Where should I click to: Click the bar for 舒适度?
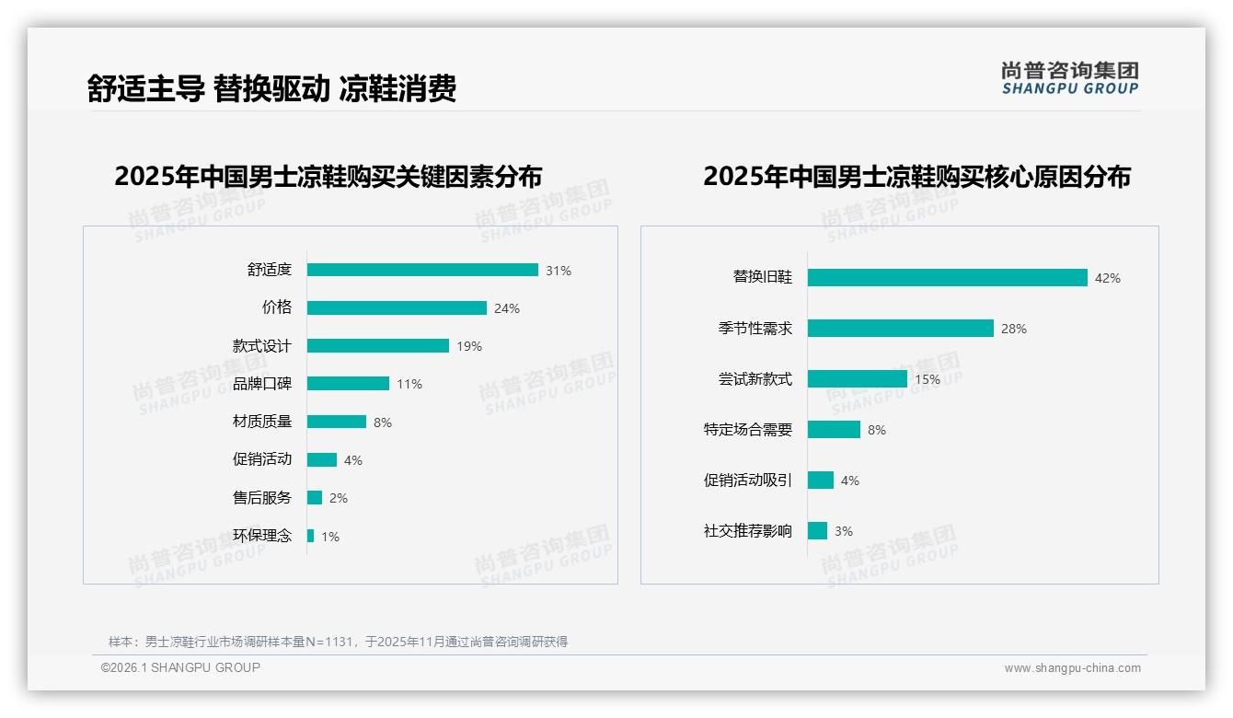[x=422, y=270]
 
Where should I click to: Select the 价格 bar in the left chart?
[x=397, y=308]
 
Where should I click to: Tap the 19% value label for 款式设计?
[x=469, y=346]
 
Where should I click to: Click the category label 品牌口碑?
[x=262, y=384]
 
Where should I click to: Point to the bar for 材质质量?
[x=337, y=422]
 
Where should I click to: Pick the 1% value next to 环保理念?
[x=330, y=536]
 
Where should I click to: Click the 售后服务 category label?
[x=262, y=498]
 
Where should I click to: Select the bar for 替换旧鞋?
[x=948, y=277]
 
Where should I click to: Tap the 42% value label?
[x=1108, y=278]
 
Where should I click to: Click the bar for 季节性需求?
[x=901, y=329]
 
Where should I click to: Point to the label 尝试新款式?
[x=755, y=379]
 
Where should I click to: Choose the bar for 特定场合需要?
[x=834, y=430]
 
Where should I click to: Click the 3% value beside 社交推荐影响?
[x=844, y=531]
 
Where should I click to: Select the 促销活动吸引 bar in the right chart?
[x=821, y=481]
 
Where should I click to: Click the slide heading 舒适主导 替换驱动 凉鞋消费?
[x=272, y=89]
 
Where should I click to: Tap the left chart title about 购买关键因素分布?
[x=328, y=176]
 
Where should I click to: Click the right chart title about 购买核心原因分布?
[x=917, y=176]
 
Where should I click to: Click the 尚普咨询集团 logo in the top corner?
[x=1070, y=78]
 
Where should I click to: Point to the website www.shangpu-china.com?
[x=1072, y=668]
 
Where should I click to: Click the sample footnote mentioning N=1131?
[x=339, y=642]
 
